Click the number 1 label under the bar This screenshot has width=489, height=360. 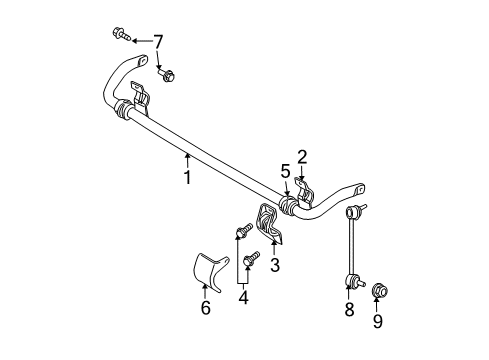tap(186, 178)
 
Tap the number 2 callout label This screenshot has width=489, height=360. tap(301, 155)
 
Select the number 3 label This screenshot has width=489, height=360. tap(275, 264)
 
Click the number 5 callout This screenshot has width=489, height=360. tap(285, 171)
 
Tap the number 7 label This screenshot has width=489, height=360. tap(157, 42)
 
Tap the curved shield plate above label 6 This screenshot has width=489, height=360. tap(207, 272)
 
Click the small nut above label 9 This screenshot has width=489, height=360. tap(380, 292)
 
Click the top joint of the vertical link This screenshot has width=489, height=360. tap(352, 212)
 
